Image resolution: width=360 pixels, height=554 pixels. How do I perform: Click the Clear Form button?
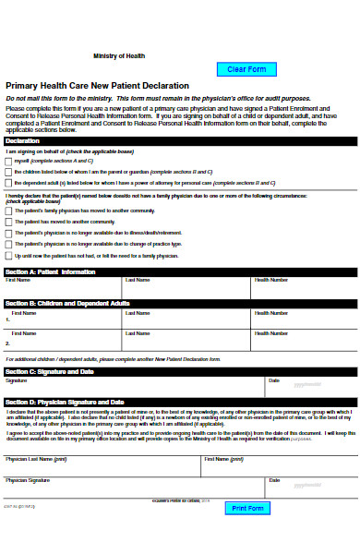click(x=246, y=69)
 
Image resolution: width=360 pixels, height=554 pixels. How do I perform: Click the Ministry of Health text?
click(x=119, y=56)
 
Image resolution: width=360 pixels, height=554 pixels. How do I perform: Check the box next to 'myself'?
click(x=9, y=161)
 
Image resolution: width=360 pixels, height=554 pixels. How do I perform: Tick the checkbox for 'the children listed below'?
click(x=9, y=172)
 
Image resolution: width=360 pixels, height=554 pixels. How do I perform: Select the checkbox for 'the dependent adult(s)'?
click(x=9, y=183)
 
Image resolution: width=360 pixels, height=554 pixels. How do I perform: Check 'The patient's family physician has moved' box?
click(x=9, y=211)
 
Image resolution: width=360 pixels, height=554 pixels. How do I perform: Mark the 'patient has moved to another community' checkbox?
click(x=9, y=222)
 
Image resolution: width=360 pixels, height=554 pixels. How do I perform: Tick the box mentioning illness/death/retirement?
click(x=9, y=233)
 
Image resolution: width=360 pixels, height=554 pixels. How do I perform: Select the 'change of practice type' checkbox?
click(x=9, y=244)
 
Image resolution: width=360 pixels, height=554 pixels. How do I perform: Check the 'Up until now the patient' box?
click(x=9, y=256)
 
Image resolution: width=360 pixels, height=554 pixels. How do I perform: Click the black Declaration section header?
click(x=180, y=141)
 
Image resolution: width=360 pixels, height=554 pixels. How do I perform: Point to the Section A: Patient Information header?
click(x=180, y=271)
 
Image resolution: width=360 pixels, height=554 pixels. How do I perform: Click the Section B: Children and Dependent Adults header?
click(x=180, y=303)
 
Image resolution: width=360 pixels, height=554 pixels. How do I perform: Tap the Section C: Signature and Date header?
click(x=180, y=371)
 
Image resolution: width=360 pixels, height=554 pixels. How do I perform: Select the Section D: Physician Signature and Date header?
click(x=180, y=403)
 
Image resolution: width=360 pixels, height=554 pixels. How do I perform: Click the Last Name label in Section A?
click(x=138, y=280)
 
